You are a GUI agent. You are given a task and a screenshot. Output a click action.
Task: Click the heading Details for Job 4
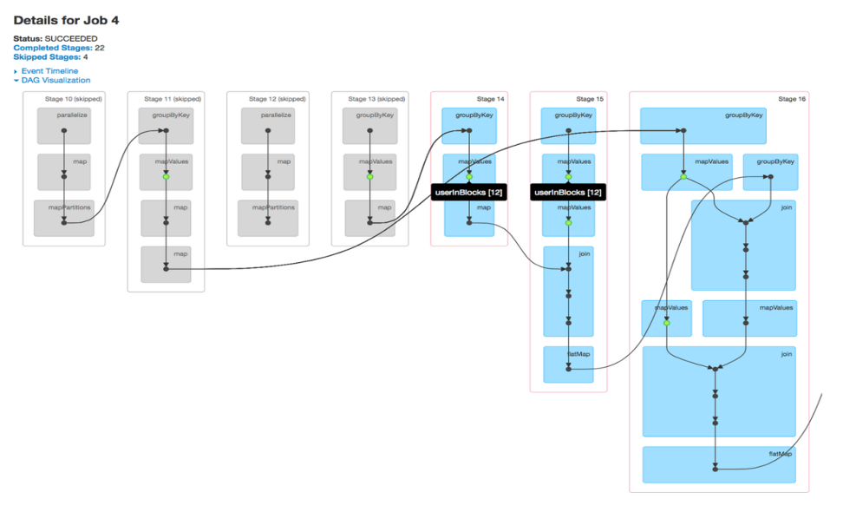click(66, 21)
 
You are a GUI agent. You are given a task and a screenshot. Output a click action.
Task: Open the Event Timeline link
click(49, 71)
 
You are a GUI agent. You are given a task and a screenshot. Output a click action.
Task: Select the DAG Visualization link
click(56, 80)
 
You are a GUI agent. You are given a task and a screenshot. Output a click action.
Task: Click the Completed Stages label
click(53, 48)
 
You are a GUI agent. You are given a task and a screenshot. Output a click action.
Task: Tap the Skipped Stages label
click(47, 57)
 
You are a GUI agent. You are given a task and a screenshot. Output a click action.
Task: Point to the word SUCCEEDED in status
click(71, 39)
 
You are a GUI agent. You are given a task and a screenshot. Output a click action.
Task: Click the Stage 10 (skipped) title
click(73, 99)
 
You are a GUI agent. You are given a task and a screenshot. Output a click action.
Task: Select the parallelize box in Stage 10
click(64, 126)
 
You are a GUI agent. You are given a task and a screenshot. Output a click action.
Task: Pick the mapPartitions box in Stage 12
click(268, 219)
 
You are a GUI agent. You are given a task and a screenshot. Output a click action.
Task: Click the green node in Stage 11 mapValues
click(167, 177)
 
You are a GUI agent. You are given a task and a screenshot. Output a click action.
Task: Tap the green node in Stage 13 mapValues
click(369, 177)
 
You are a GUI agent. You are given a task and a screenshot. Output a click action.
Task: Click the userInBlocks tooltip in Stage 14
click(469, 193)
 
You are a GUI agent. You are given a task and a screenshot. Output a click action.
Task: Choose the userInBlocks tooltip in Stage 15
click(568, 193)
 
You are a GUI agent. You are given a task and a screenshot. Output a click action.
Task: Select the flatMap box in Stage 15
click(568, 364)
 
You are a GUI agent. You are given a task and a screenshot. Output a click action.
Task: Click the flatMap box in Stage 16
click(719, 464)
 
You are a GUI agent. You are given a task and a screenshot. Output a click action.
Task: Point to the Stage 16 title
click(792, 99)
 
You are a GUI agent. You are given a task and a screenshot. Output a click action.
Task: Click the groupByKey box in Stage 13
click(369, 126)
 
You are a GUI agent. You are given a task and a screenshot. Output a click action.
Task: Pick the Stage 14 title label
click(490, 99)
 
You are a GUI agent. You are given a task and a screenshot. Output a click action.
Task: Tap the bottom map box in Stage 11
click(166, 265)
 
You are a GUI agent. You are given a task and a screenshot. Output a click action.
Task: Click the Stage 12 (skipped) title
click(277, 99)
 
